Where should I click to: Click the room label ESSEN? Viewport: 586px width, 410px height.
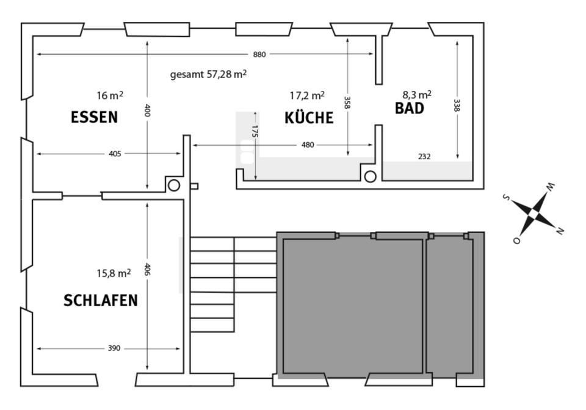[94, 117]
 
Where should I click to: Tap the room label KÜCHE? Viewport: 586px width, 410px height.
[309, 118]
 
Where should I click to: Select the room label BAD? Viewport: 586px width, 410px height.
[410, 109]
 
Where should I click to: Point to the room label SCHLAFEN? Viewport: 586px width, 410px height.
[101, 301]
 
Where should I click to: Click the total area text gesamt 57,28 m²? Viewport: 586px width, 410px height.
[208, 74]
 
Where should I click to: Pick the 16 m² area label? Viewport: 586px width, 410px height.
[110, 95]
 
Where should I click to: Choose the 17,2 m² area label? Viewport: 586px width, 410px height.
[307, 95]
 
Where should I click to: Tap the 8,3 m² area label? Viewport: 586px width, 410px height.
[417, 95]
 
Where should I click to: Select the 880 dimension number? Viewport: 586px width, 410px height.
[259, 54]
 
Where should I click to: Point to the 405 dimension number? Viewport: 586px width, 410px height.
[115, 154]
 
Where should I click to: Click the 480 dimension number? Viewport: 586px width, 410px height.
[308, 145]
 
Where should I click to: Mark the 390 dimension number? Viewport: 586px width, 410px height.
[114, 348]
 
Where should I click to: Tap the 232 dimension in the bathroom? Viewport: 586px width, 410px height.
[424, 157]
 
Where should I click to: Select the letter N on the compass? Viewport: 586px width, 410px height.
[560, 231]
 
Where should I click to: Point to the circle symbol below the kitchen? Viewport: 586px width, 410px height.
[370, 177]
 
